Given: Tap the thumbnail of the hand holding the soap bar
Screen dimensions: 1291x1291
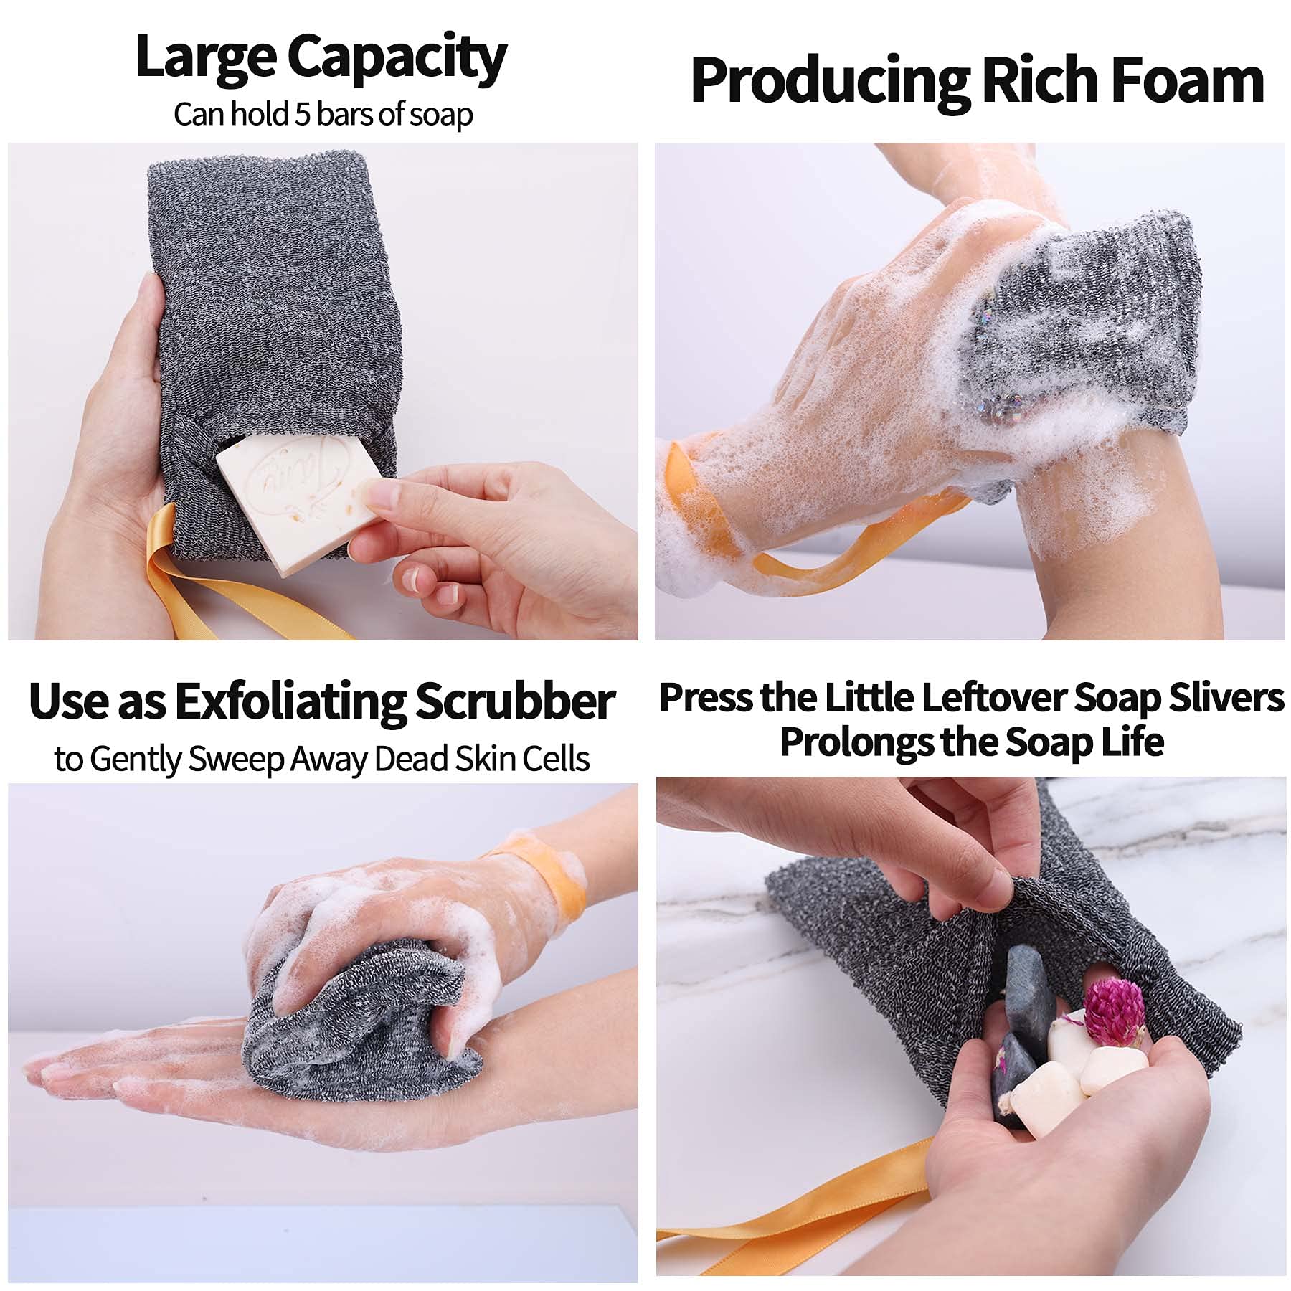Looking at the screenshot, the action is pos(381,492).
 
